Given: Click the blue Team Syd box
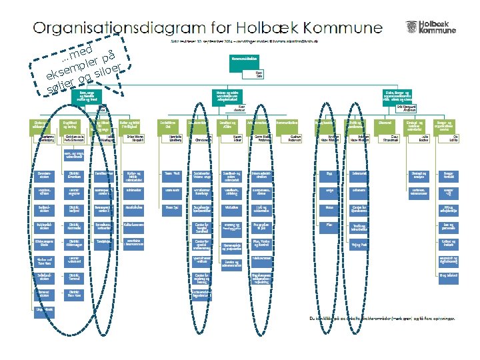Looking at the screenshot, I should (171, 207).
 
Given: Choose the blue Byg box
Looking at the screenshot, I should (329, 173).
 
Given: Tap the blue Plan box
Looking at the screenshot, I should (329, 225).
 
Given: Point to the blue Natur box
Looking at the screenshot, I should (329, 207).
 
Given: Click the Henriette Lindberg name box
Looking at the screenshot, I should (171, 138).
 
